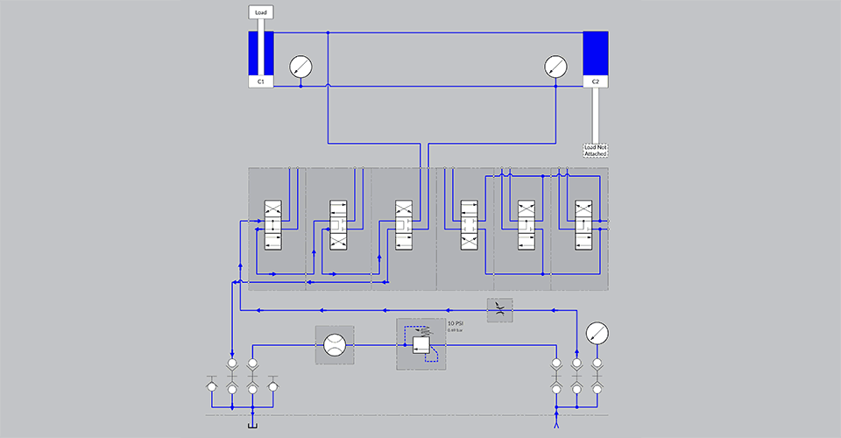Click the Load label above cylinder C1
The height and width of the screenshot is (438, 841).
[261, 13]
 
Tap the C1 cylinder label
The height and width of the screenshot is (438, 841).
[261, 81]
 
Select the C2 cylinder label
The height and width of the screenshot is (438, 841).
[596, 81]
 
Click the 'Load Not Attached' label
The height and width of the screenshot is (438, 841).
[596, 150]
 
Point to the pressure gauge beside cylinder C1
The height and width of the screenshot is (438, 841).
[300, 67]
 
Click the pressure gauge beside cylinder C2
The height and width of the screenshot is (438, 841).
[555, 67]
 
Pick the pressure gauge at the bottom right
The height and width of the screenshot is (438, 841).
[597, 333]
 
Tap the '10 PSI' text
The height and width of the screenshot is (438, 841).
[456, 323]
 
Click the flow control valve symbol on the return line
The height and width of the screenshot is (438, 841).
[500, 308]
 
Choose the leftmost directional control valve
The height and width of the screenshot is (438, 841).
[273, 226]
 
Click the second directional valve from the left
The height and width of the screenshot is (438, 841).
[339, 226]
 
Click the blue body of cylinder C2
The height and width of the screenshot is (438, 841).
[596, 53]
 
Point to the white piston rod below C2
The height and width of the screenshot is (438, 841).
[596, 114]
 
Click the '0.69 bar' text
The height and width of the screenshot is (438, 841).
[455, 330]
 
